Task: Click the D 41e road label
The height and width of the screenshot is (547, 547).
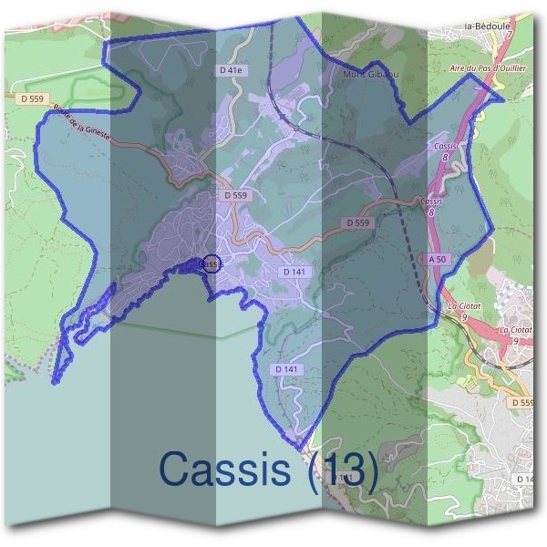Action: click(232, 70)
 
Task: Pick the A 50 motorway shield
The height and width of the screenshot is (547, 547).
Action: click(439, 260)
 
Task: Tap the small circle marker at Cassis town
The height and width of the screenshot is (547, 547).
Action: click(210, 263)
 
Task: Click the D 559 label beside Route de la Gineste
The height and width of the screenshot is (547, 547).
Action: click(30, 98)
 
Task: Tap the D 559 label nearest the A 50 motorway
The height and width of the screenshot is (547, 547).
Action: click(358, 222)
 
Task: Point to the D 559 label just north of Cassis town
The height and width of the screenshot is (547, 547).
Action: click(235, 195)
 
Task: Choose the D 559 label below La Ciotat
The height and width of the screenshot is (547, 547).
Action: click(522, 402)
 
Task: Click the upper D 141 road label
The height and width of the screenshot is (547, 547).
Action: click(294, 272)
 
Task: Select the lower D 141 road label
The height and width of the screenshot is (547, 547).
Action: click(285, 369)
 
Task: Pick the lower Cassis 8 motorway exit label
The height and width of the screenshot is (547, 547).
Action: click(431, 205)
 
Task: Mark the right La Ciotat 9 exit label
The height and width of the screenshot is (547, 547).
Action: click(515, 334)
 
